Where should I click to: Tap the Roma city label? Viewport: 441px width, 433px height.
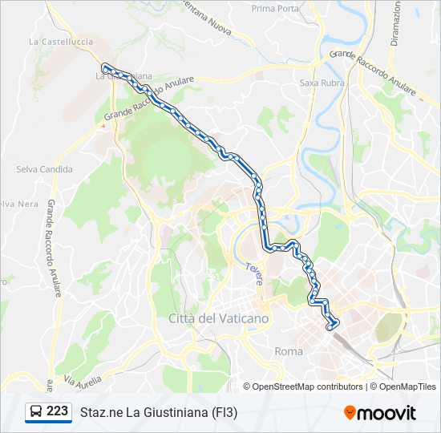(x=289, y=351)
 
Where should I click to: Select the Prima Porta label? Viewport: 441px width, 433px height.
(x=274, y=8)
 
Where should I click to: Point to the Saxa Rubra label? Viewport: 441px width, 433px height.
(x=319, y=82)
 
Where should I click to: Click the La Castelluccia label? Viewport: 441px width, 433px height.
(x=60, y=41)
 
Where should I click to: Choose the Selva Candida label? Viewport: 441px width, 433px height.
(x=45, y=169)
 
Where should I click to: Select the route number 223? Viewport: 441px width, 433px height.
(x=57, y=411)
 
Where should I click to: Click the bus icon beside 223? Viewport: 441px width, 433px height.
(x=36, y=412)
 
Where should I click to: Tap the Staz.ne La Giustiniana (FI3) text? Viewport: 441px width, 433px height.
(x=159, y=413)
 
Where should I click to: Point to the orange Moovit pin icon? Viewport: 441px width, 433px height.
(x=350, y=412)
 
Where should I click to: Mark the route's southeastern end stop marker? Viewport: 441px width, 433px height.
(x=331, y=326)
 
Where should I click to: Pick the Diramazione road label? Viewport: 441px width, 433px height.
(x=397, y=24)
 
